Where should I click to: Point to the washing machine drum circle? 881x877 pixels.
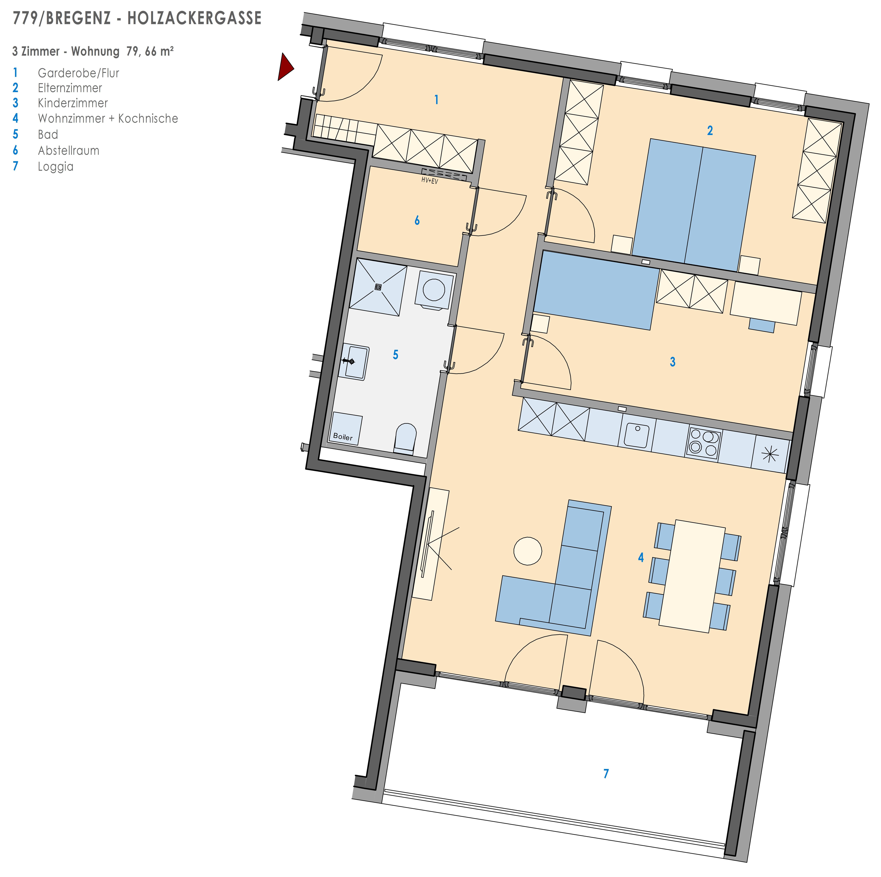click(x=434, y=289)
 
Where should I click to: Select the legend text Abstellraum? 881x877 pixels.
click(x=68, y=151)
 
